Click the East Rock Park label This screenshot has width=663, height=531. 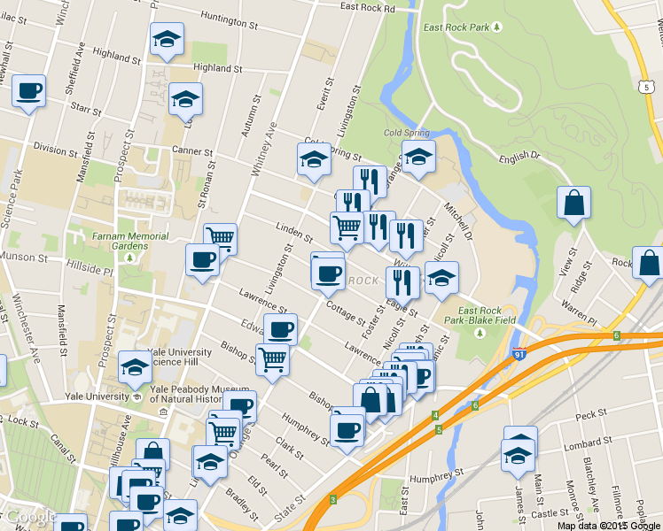pyautogui.click(x=456, y=27)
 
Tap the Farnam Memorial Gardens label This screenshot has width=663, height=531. pyautogui.click(x=129, y=242)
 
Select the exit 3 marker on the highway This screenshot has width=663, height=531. pyautogui.click(x=332, y=500)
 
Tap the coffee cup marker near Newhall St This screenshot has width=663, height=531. pyautogui.click(x=28, y=91)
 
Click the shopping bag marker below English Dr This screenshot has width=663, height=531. pyautogui.click(x=573, y=203)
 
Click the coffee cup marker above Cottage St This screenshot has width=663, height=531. pyautogui.click(x=328, y=272)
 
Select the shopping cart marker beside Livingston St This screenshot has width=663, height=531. pyautogui.click(x=220, y=238)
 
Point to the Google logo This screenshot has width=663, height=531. pyautogui.click(x=31, y=518)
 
